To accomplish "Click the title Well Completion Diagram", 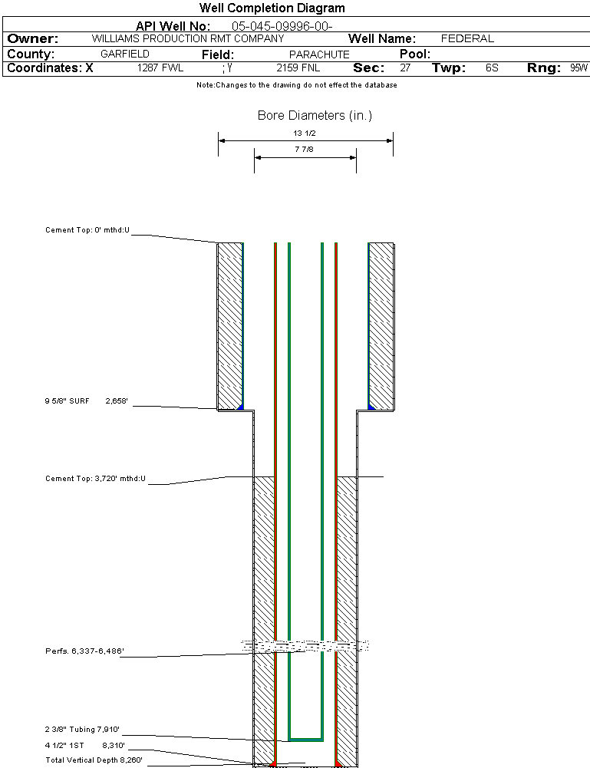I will (x=272, y=8).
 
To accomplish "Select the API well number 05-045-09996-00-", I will (x=282, y=26).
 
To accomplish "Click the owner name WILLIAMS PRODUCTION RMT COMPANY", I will (x=187, y=38).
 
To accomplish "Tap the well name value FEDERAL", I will (x=467, y=38).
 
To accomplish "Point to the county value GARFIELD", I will (x=124, y=54).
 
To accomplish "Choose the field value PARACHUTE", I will (x=319, y=54).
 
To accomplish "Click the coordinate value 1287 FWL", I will (x=160, y=68).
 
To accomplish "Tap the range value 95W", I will (x=578, y=68).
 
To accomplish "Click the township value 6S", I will (x=492, y=68).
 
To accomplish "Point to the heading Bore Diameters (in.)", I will (x=315, y=116).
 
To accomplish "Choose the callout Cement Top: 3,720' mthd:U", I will (x=95, y=479).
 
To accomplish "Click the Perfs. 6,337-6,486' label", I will (x=84, y=651).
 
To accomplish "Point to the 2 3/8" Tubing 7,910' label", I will (x=82, y=730).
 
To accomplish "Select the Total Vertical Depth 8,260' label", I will (x=94, y=760).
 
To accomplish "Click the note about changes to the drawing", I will (x=296, y=85).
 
